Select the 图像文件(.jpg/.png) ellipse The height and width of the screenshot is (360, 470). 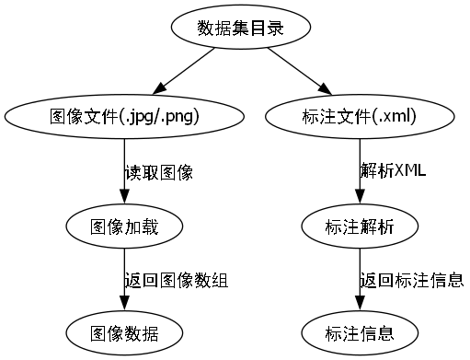[x=124, y=117]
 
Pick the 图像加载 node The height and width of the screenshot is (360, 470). [x=124, y=226]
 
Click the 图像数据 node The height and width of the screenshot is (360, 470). [x=124, y=332]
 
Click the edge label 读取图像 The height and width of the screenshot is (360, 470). [x=158, y=172]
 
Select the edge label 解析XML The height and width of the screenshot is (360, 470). [x=393, y=172]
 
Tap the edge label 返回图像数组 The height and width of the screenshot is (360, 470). [x=176, y=280]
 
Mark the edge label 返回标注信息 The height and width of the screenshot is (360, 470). [x=411, y=280]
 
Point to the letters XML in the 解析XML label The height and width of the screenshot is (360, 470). [x=409, y=172]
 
